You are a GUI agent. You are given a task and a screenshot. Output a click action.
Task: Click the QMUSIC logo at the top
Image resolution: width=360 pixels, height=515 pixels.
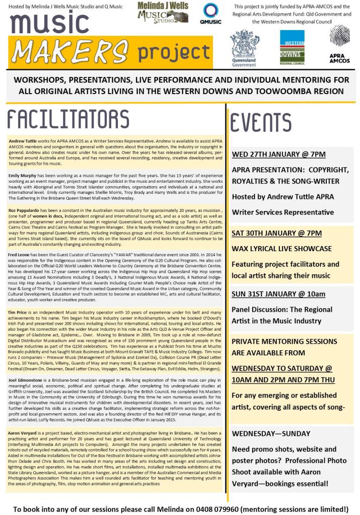click(210, 14)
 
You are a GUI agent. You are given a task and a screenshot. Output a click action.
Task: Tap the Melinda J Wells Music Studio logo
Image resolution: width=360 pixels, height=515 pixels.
click(163, 12)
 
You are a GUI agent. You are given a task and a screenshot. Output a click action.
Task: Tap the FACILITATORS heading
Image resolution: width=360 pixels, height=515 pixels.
click(68, 120)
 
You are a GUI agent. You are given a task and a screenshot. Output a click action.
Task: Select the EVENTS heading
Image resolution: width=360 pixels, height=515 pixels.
click(261, 122)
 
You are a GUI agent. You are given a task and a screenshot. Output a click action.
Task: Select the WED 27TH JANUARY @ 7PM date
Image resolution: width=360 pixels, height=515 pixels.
click(278, 154)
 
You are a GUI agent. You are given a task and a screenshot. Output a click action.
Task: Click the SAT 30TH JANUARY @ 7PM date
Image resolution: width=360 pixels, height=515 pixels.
click(276, 233)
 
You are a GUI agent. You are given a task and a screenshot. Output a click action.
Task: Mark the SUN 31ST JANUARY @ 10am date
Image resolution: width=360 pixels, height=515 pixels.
click(278, 294)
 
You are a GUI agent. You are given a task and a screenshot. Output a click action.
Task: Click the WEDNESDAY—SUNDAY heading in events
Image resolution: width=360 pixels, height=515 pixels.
click(271, 433)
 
